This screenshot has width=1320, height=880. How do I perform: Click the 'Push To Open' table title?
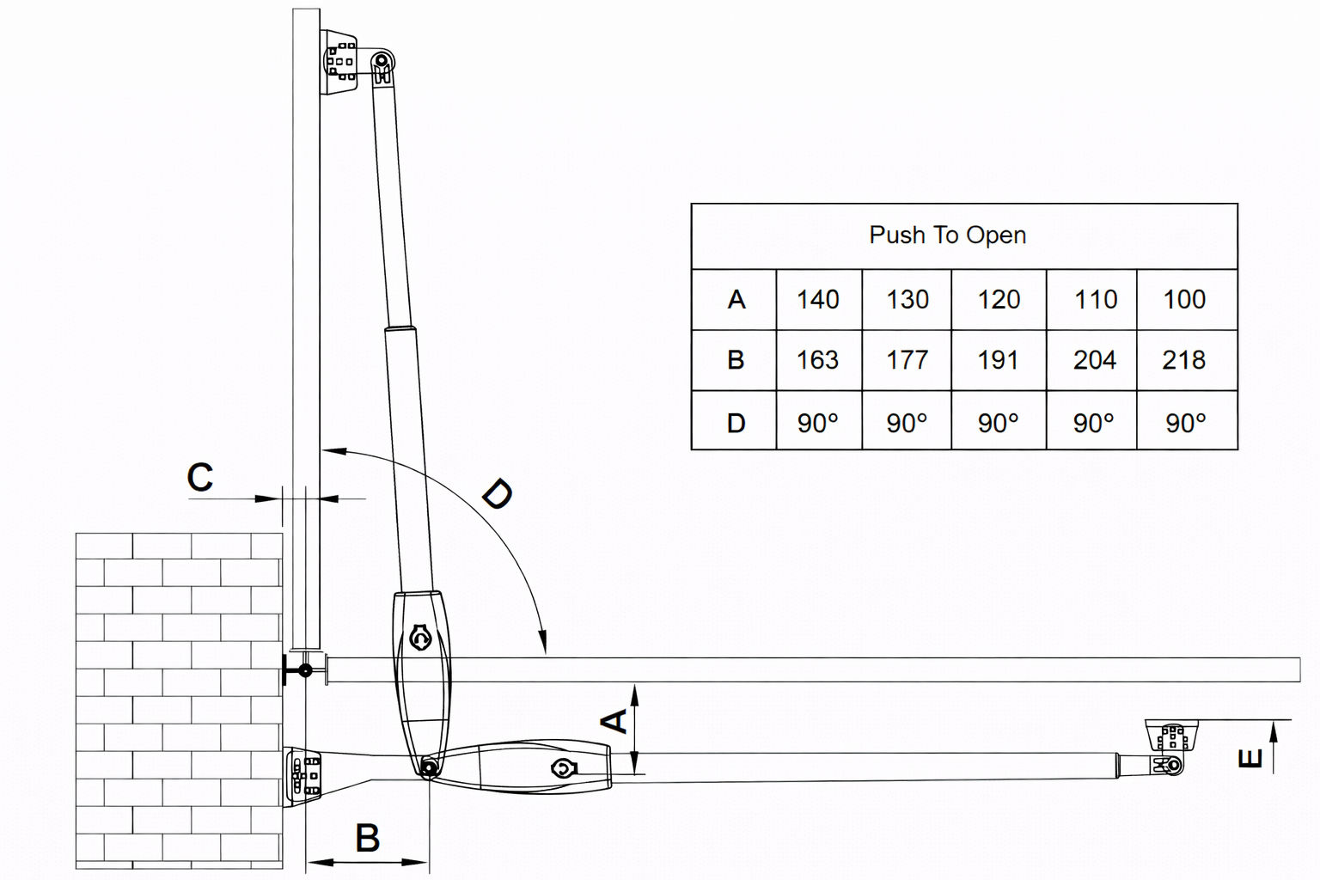947,235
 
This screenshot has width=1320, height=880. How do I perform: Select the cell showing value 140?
817,300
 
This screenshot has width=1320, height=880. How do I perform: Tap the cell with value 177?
907,360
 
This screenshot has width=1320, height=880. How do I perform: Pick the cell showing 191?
998,360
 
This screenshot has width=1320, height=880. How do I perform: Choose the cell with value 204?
1094,360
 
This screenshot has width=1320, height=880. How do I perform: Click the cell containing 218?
1183,360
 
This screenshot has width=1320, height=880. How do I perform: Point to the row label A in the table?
736,300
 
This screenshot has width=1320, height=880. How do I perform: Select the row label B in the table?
736,360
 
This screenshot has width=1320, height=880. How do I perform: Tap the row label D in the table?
736,423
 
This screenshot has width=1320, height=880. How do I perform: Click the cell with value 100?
1184,300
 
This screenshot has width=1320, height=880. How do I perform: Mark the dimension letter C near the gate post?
200,478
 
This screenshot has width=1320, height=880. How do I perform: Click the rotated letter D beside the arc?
497,494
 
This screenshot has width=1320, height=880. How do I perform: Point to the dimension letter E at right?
1250,758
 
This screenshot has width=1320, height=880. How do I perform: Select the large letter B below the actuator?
367,838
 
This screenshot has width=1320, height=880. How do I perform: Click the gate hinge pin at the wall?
303,670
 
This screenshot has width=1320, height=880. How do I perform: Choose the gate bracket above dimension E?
1171,738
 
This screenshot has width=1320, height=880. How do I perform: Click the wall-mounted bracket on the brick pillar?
303,776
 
